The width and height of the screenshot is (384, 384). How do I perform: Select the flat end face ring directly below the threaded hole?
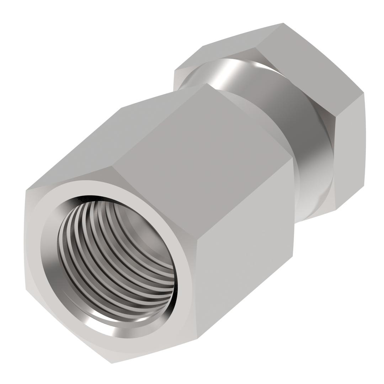point(117,347)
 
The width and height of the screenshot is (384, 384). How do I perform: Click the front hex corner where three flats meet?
point(197,239)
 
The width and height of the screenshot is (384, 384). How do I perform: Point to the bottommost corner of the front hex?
point(112,363)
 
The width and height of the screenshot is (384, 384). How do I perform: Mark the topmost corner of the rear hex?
point(283,23)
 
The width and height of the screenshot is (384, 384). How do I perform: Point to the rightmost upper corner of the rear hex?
point(363,93)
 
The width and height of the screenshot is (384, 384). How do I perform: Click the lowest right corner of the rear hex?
point(336,210)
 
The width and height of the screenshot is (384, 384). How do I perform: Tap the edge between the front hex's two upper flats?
point(160,124)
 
